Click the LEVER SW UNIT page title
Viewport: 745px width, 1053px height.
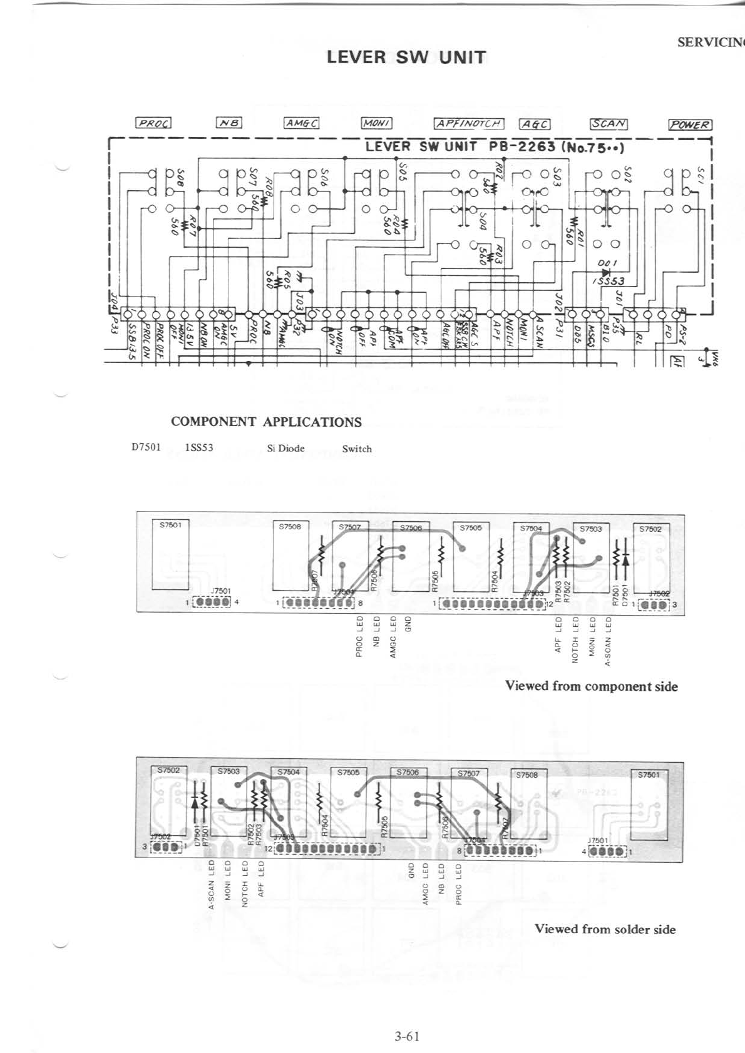[406, 58]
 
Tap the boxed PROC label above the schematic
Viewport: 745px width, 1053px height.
[153, 123]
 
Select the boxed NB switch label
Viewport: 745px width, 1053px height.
[229, 123]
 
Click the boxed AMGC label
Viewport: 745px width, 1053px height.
[302, 123]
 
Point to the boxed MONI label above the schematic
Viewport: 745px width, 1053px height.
[377, 123]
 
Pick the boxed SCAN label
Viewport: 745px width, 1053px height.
[609, 123]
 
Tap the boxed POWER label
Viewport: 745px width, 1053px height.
[690, 124]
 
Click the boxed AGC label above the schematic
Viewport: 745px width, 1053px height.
[535, 123]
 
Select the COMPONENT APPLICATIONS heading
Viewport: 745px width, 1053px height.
[266, 422]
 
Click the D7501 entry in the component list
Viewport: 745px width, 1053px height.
[146, 448]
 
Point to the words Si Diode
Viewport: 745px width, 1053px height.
[285, 448]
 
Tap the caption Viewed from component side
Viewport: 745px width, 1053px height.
[591, 686]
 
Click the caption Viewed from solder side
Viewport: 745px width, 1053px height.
[605, 929]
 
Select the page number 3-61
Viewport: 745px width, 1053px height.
[406, 1035]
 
